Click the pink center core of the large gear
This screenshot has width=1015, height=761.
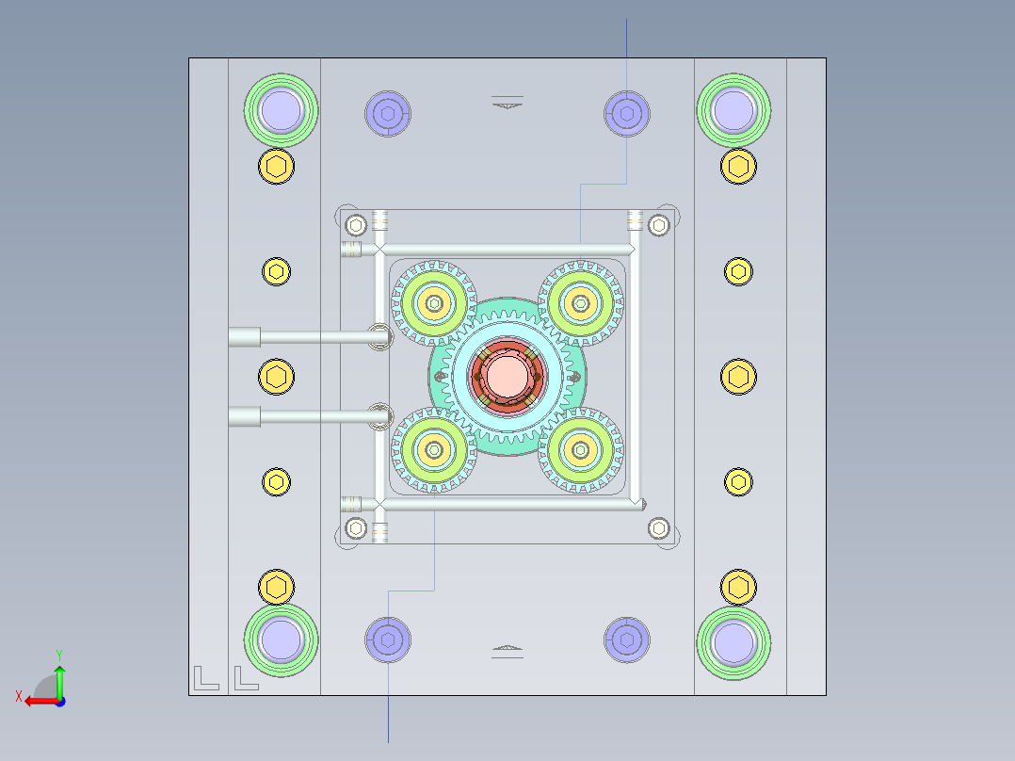coord(507,376)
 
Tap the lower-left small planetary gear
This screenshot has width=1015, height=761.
coord(433,451)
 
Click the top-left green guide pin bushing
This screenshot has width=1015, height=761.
coord(282,109)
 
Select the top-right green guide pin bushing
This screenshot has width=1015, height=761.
coord(733,109)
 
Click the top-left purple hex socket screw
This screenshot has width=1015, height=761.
coord(388,113)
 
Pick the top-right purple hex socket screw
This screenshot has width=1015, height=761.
coord(626,113)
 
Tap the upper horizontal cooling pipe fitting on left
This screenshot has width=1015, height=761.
coord(245,337)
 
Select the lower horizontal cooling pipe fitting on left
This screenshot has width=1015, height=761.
coord(245,416)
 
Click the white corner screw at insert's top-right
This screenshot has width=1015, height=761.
coord(659,224)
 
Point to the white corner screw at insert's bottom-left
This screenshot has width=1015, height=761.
coord(355,527)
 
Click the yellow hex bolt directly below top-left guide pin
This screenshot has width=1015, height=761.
coord(276,167)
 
